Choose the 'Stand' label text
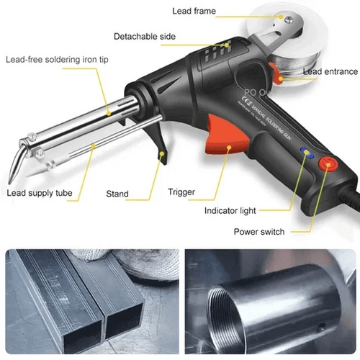(117, 194)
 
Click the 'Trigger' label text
(181, 192)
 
